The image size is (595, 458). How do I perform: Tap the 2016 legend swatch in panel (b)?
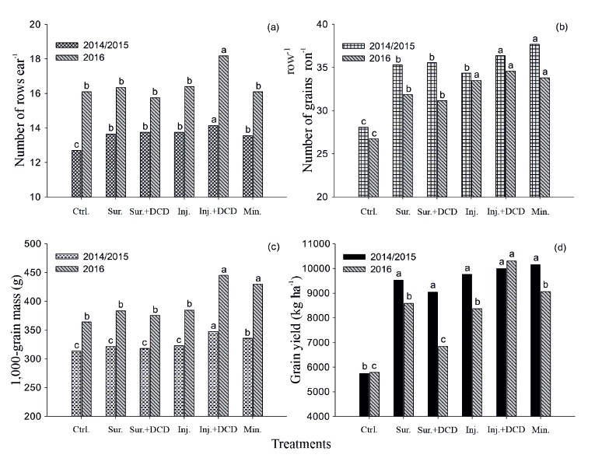point(355,58)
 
